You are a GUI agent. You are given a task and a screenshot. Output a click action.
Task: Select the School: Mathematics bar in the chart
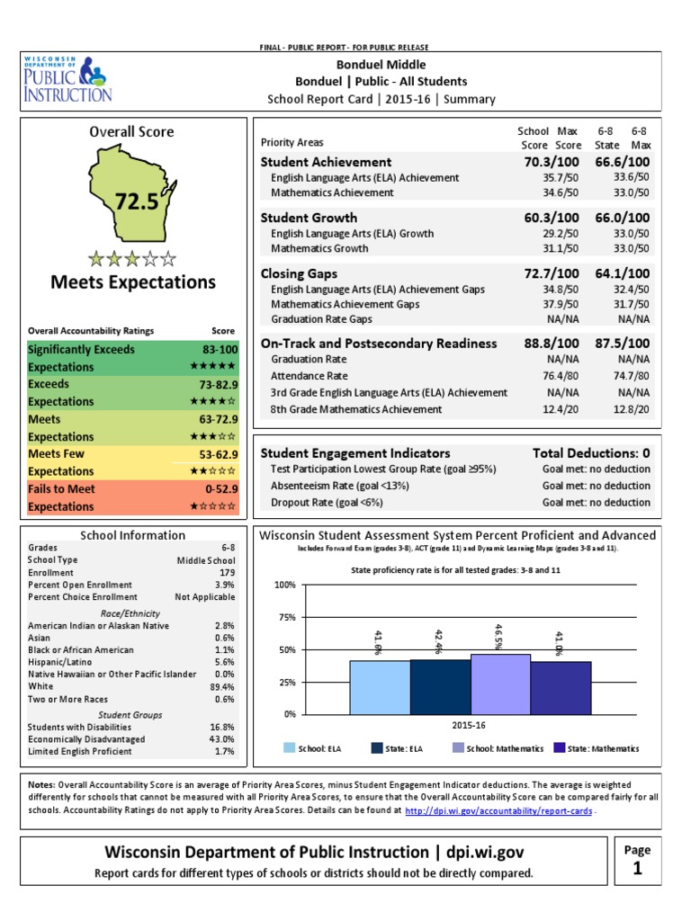click(500, 684)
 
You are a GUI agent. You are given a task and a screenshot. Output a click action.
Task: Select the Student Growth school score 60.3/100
click(545, 218)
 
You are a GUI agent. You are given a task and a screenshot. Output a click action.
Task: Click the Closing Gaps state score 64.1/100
click(621, 273)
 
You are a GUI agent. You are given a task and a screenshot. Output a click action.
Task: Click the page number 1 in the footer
click(636, 868)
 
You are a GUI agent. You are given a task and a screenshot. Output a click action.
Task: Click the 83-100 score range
click(220, 350)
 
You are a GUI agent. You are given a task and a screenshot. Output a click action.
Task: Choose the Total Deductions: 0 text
click(591, 452)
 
